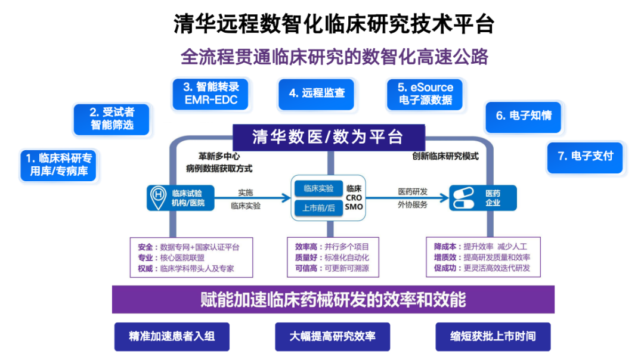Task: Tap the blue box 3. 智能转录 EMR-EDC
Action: pos(210,94)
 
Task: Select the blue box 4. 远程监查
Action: pos(316,94)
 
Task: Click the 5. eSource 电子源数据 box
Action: pos(425,94)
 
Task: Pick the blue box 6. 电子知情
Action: pos(523,116)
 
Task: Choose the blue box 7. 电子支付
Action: pos(584,156)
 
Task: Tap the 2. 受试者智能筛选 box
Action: pos(112,119)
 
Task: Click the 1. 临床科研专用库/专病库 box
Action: pos(58,165)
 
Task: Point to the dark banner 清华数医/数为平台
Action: pos(328,137)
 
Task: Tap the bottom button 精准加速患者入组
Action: pos(172,336)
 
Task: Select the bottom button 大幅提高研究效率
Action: pos(332,336)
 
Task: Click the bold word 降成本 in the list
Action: pos(446,247)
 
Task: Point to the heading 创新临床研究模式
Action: pos(445,157)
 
